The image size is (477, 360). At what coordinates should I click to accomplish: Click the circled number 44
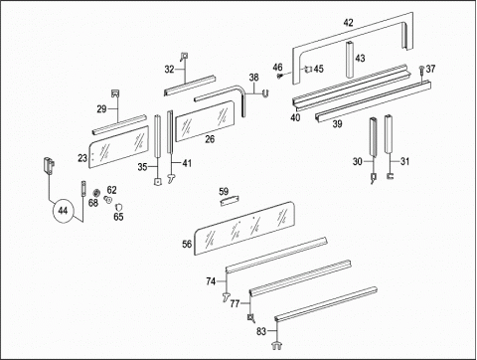[63, 211]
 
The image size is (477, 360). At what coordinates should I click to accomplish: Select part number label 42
[348, 23]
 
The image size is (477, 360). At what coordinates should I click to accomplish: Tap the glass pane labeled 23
[118, 146]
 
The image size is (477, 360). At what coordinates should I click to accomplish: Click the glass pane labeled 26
[205, 121]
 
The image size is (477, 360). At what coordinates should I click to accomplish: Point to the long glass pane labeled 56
[244, 228]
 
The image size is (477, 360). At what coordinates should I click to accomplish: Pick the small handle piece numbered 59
[230, 201]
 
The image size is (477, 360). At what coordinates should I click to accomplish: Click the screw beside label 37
[421, 70]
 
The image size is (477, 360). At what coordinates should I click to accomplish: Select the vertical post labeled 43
[350, 60]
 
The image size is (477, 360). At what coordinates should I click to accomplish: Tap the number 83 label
[261, 331]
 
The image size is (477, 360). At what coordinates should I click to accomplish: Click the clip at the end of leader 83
[276, 345]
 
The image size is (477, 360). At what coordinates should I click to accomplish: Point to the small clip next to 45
[308, 69]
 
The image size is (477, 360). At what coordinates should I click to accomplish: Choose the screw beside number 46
[279, 77]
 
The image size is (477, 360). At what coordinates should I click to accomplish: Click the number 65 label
[118, 217]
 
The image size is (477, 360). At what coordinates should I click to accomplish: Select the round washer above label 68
[97, 193]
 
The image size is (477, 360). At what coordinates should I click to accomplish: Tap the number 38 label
[253, 78]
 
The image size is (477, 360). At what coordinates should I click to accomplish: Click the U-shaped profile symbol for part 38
[265, 93]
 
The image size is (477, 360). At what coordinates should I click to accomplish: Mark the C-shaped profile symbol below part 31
[391, 176]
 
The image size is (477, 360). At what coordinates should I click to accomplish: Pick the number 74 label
[211, 281]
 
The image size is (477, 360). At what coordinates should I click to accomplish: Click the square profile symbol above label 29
[115, 93]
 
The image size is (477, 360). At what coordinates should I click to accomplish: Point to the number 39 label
[337, 124]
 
